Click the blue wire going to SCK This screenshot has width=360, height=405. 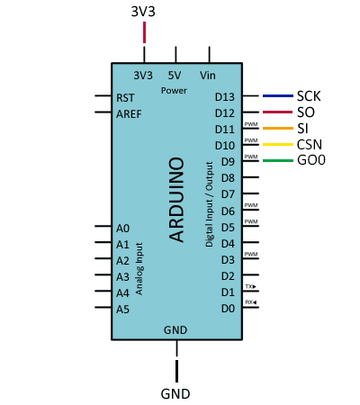tap(278, 96)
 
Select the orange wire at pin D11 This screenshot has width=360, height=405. tap(278, 129)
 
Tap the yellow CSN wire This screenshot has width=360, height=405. tap(278, 145)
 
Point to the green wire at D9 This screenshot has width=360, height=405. tap(278, 161)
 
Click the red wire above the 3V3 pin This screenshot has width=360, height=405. tap(145, 32)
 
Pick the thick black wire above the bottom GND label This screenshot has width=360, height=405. tap(176, 371)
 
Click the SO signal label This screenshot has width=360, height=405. tap(306, 112)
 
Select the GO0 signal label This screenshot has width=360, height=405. tap(311, 160)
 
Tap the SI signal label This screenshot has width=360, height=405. tap(302, 129)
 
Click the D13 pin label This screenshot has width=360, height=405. tap(225, 97)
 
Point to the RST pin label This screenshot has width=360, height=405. tap(125, 98)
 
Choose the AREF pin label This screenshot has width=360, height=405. tap(129, 114)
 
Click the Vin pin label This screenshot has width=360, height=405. tap(208, 76)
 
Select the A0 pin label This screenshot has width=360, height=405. tap(122, 229)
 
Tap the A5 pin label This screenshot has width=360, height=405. tap(122, 310)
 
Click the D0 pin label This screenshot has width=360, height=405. tap(228, 309)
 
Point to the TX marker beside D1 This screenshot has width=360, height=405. tap(250, 286)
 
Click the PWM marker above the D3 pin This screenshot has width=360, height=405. tap(251, 254)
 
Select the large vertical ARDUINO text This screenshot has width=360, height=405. tap(176, 200)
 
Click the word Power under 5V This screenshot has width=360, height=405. tap(174, 91)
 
